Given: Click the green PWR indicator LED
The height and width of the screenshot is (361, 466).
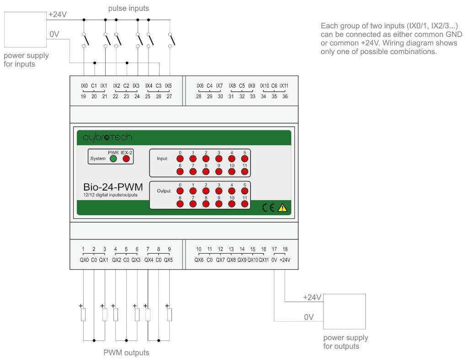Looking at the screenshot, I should [113, 159].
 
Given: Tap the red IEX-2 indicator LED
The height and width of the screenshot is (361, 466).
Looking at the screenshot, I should [126, 159].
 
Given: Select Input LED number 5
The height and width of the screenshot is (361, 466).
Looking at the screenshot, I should [245, 159].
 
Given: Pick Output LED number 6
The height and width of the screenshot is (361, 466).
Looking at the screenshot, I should [180, 204].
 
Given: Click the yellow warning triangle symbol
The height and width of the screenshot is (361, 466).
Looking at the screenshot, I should [283, 208].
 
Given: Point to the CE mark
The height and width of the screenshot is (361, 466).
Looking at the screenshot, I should [268, 208].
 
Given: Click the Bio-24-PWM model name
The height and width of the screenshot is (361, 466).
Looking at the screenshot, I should [113, 187].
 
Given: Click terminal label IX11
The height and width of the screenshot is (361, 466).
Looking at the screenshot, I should [284, 86].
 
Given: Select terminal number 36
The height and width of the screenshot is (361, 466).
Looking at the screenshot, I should [285, 96].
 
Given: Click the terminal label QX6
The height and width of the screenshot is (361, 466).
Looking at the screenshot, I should [199, 260].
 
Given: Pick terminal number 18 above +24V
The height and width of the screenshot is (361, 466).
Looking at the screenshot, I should [285, 250].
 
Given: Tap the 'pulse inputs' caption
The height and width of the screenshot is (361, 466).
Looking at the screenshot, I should [129, 8].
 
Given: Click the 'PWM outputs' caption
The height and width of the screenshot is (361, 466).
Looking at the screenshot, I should [126, 352].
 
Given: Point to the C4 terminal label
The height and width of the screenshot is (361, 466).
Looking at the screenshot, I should [209, 86].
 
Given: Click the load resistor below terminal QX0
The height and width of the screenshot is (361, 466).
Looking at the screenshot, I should [83, 314].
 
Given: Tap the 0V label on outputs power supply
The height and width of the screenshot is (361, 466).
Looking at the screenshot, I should [309, 317].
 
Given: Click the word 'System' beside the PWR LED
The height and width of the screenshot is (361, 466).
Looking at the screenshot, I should [98, 159].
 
